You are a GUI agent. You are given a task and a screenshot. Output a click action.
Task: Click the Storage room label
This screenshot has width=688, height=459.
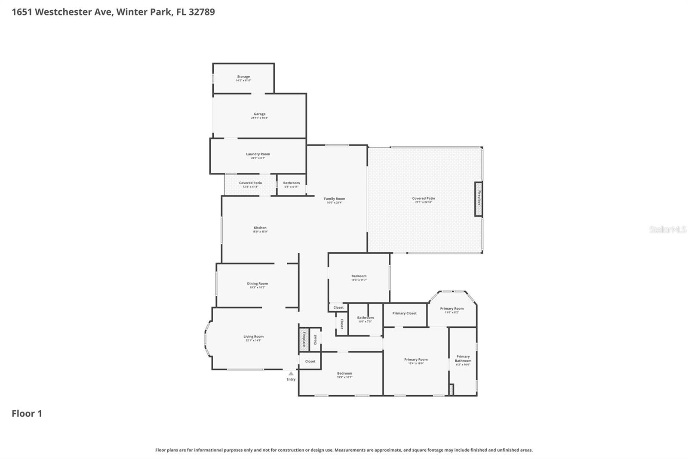pyautogui.click(x=243, y=77)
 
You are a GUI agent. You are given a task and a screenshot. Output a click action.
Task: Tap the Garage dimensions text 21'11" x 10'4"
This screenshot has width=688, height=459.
pyautogui.click(x=259, y=118)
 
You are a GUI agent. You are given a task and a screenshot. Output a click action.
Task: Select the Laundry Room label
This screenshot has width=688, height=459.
pyautogui.click(x=258, y=154)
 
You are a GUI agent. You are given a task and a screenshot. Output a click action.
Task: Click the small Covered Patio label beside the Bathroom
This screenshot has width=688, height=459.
pyautogui.click(x=250, y=183)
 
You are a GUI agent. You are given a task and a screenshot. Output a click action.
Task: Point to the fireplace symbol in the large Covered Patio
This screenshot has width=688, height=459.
pyautogui.click(x=479, y=199)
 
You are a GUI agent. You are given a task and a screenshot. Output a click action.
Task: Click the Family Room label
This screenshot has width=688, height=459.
pyautogui.click(x=335, y=199)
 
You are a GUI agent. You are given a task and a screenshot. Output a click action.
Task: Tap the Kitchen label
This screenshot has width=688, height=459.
pyautogui.click(x=260, y=228)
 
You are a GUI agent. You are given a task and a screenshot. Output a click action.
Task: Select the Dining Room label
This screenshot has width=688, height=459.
pyautogui.click(x=257, y=284)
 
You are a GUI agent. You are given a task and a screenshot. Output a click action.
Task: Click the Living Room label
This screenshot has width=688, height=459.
pyautogui.click(x=253, y=337)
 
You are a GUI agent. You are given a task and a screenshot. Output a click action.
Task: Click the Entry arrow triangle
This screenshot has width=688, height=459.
pyautogui.click(x=291, y=374)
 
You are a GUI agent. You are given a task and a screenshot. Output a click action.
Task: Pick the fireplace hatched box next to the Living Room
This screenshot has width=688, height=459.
pyautogui.click(x=304, y=339)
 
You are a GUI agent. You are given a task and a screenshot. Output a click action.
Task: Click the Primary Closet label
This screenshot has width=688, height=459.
pyautogui.click(x=404, y=313)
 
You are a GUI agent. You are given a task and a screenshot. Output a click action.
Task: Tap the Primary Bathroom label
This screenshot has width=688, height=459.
pyautogui.click(x=463, y=359)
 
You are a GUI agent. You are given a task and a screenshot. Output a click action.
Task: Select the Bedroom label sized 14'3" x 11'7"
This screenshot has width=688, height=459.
pyautogui.click(x=359, y=276)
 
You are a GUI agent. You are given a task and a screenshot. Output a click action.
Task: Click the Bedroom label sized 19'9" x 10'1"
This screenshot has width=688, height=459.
pyautogui.click(x=344, y=373)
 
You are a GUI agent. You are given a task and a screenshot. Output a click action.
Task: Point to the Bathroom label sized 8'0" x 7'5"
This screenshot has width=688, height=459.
pyautogui.click(x=365, y=318)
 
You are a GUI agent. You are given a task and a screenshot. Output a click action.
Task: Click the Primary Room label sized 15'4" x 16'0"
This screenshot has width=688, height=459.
pyautogui.click(x=416, y=360)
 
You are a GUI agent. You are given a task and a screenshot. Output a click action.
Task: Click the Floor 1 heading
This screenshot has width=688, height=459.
pyautogui.click(x=27, y=413)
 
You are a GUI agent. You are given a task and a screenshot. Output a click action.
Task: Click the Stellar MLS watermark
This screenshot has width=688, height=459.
pyautogui.click(x=667, y=229)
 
